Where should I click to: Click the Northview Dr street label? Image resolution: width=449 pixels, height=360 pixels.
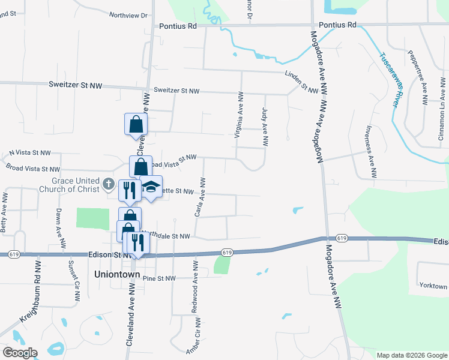pos(127,16)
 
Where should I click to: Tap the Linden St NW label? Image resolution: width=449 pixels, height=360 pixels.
pos(301,82)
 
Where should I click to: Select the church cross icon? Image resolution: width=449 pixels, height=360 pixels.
pos(108,182)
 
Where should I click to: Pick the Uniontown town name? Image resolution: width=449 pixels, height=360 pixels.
pos(117,274)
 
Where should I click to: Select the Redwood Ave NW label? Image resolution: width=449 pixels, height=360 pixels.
pos(194,286)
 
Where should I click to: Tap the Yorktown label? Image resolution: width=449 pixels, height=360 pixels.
pos(433,286)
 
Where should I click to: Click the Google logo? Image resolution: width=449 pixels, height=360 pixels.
pos(19,353)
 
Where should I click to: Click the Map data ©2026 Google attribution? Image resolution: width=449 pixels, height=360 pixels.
pos(411,355)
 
